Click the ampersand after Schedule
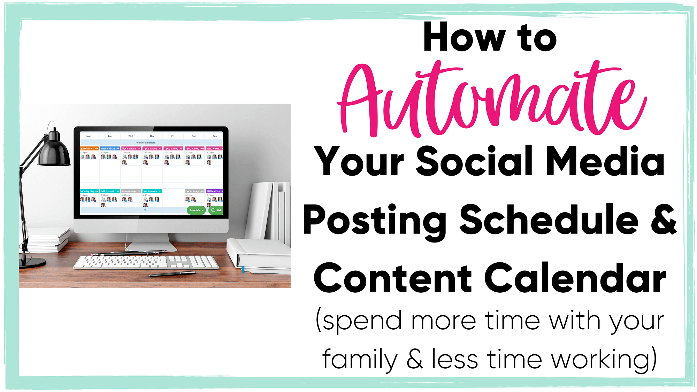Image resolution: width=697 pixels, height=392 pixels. click(x=664, y=220)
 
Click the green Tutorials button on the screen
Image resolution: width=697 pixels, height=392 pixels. click(x=196, y=210)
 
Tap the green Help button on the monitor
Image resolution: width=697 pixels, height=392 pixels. click(x=216, y=210)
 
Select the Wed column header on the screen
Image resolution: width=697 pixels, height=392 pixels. click(x=131, y=136)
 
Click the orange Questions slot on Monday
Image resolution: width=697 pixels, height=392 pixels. click(x=89, y=148)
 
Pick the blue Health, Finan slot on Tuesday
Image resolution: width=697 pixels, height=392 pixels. click(x=110, y=148)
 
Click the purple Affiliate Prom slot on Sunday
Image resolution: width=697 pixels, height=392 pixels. click(x=214, y=191)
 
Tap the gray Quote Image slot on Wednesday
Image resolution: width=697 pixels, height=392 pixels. click(x=131, y=191)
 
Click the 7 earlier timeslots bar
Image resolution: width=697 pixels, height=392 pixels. click(x=145, y=143)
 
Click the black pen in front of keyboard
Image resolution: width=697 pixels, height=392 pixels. click(x=173, y=274)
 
